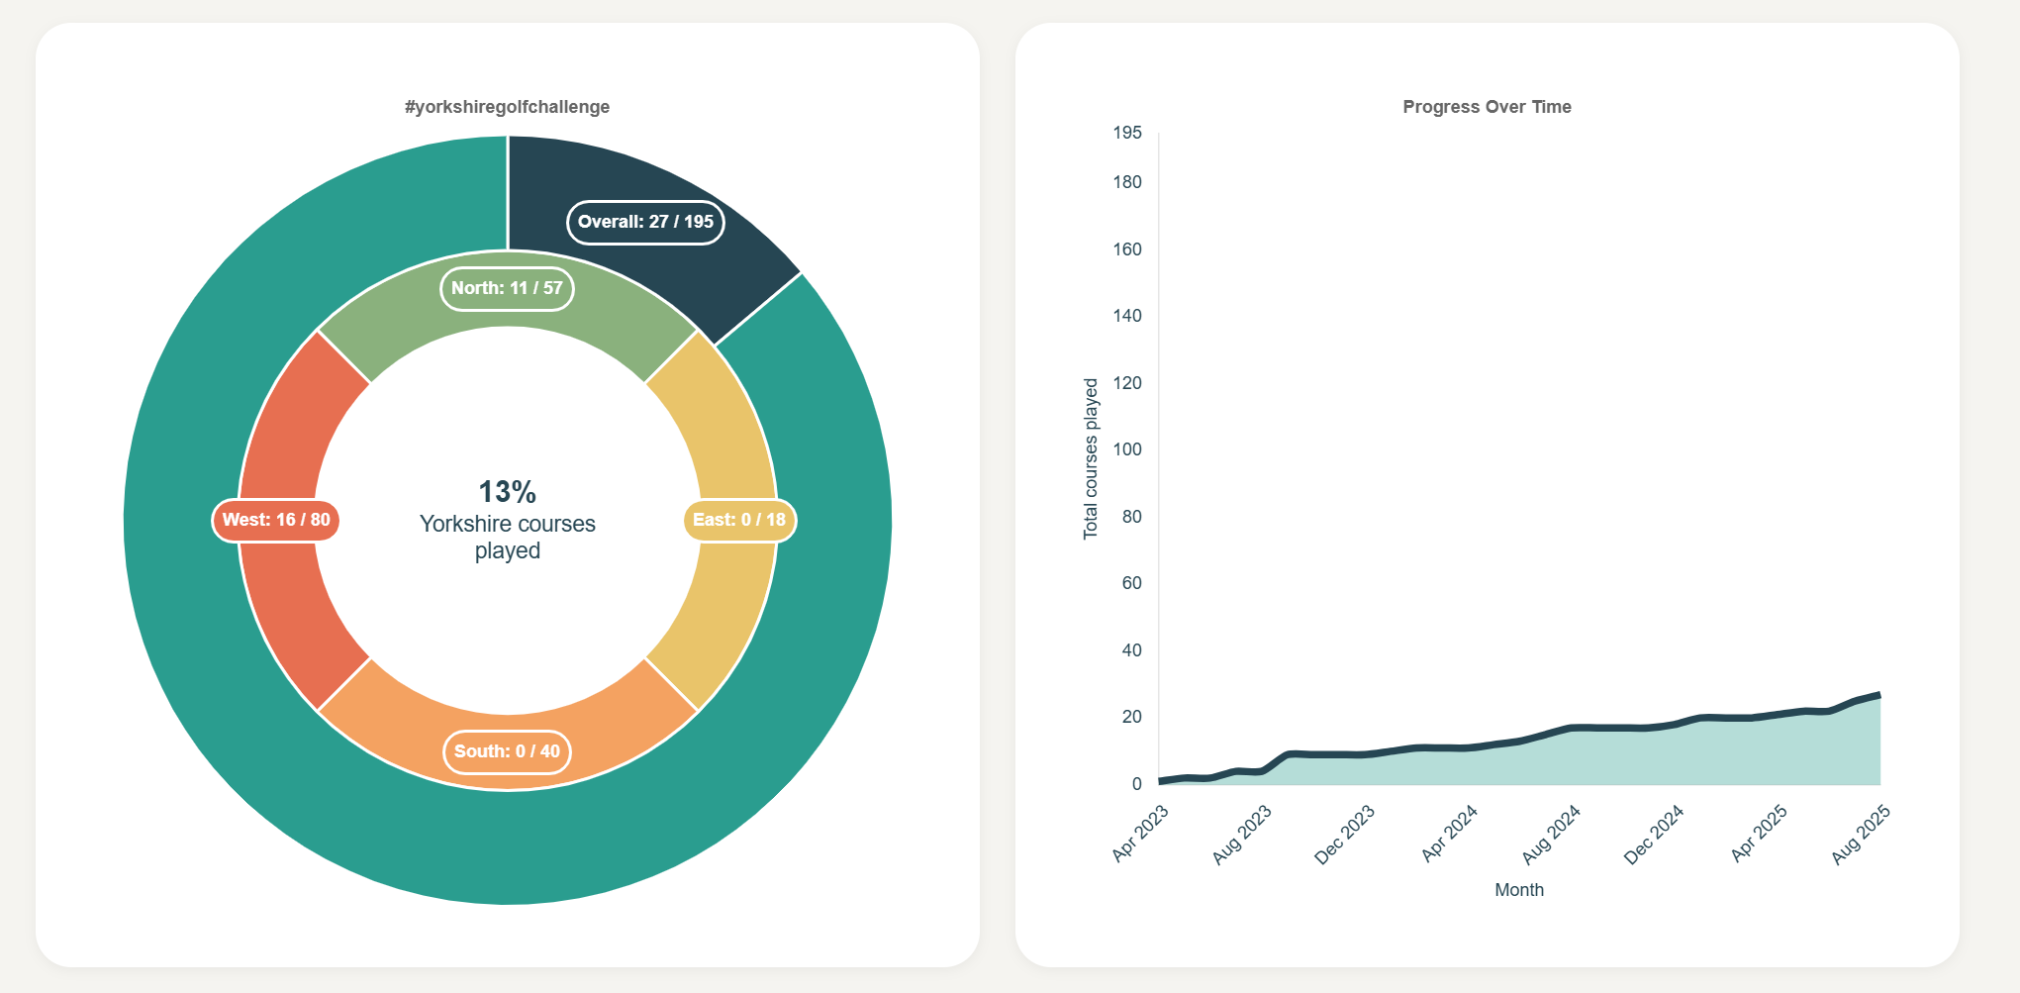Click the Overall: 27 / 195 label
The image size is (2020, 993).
645,222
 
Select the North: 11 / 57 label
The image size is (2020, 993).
507,288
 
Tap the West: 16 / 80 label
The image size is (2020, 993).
276,520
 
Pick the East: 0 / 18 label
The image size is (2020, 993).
739,520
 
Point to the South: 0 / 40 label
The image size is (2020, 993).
507,751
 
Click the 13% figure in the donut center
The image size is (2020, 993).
507,491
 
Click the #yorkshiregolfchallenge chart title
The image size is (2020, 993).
507,107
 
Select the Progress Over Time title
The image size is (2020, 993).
1487,107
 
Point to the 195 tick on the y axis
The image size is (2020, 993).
1126,133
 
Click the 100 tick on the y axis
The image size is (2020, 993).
1126,449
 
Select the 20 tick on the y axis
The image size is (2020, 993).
1131,717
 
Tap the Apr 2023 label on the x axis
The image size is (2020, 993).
1141,833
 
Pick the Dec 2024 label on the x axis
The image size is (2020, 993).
1654,835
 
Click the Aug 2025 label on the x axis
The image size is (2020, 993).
1861,835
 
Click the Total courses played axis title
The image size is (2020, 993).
1091,458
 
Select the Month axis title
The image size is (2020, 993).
1518,890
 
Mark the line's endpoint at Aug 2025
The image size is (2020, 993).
1878,695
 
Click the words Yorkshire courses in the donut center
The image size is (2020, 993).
507,524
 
